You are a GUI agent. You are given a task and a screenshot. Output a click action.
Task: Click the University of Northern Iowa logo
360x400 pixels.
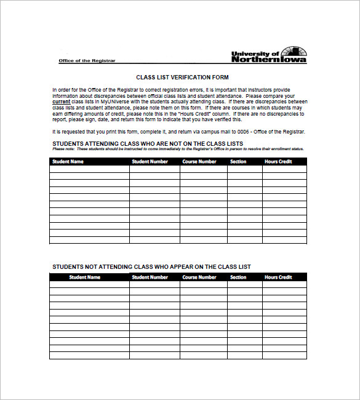pyautogui.click(x=269, y=55)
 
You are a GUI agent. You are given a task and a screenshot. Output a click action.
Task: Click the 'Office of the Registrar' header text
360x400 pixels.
pyautogui.click(x=87, y=61)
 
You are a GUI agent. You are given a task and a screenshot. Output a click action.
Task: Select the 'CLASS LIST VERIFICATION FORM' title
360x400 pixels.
pyautogui.click(x=182, y=78)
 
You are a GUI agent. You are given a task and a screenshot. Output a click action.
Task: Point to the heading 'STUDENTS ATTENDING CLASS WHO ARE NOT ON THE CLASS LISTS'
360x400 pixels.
pyautogui.click(x=148, y=143)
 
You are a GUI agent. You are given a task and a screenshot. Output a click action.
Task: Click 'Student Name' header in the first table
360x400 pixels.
pyautogui.click(x=68, y=162)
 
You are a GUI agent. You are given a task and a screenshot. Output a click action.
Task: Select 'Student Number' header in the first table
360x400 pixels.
pyautogui.click(x=150, y=162)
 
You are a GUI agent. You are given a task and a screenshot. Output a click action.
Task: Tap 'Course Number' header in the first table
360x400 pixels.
pyautogui.click(x=199, y=162)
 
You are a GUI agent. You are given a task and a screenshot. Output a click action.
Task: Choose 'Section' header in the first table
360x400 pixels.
pyautogui.click(x=238, y=162)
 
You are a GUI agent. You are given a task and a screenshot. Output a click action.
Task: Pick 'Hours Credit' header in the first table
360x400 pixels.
pyautogui.click(x=278, y=162)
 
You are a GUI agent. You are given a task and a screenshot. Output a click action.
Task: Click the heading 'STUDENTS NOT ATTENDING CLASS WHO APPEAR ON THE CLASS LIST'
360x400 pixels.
pyautogui.click(x=151, y=266)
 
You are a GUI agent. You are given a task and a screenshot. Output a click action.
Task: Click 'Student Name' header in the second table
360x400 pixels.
pyautogui.click(x=85, y=277)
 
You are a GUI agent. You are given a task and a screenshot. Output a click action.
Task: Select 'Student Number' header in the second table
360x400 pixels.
pyautogui.click(x=150, y=277)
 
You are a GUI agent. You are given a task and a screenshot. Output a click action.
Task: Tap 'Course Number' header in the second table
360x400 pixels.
pyautogui.click(x=199, y=277)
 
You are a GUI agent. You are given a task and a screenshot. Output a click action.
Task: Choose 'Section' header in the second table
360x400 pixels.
pyautogui.click(x=238, y=277)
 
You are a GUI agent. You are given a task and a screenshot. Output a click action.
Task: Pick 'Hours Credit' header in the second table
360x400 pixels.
pyautogui.click(x=278, y=277)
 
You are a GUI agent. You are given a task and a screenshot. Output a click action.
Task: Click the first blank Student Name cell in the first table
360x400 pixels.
pyautogui.click(x=89, y=169)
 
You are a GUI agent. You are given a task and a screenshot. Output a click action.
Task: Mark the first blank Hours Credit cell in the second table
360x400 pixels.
pyautogui.click(x=284, y=284)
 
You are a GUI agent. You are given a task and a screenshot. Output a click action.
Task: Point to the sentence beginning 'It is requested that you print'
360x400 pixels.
pyautogui.click(x=178, y=132)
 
